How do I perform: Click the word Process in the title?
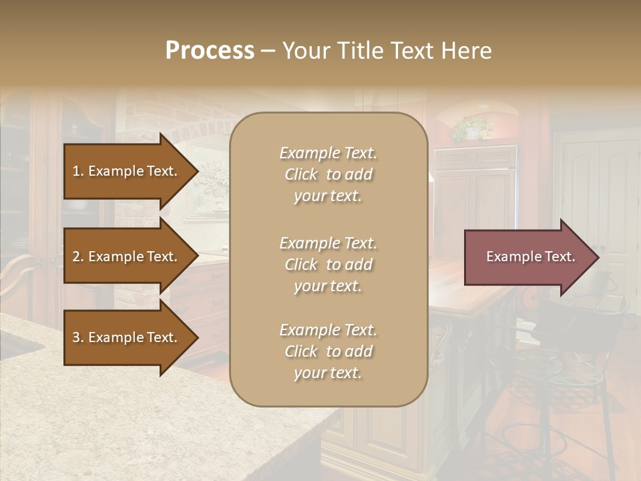click(210, 51)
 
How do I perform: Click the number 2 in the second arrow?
click(76, 257)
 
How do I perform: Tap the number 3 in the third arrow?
click(76, 337)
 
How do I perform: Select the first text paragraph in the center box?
click(328, 174)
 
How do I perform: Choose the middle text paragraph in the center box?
click(328, 265)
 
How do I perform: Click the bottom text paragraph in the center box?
click(328, 351)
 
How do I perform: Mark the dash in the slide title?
click(268, 51)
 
